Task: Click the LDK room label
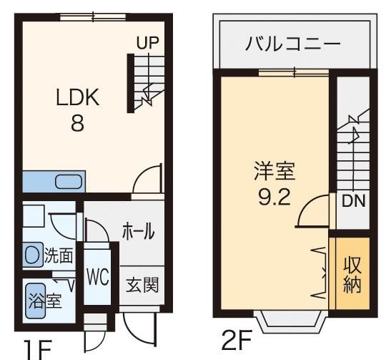tap(78, 97)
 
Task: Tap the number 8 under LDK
tap(77, 123)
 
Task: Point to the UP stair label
tap(147, 42)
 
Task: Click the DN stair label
tap(353, 200)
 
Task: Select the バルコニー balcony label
tap(293, 44)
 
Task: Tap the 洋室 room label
tap(274, 171)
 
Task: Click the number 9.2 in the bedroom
tap(274, 197)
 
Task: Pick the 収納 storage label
tap(352, 274)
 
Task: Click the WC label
tap(97, 277)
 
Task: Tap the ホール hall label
tap(138, 231)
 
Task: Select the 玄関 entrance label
tap(142, 285)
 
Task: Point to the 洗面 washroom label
tap(59, 255)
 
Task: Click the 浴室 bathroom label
tap(45, 301)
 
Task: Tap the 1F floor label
tap(37, 350)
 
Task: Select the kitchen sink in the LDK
tap(69, 182)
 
